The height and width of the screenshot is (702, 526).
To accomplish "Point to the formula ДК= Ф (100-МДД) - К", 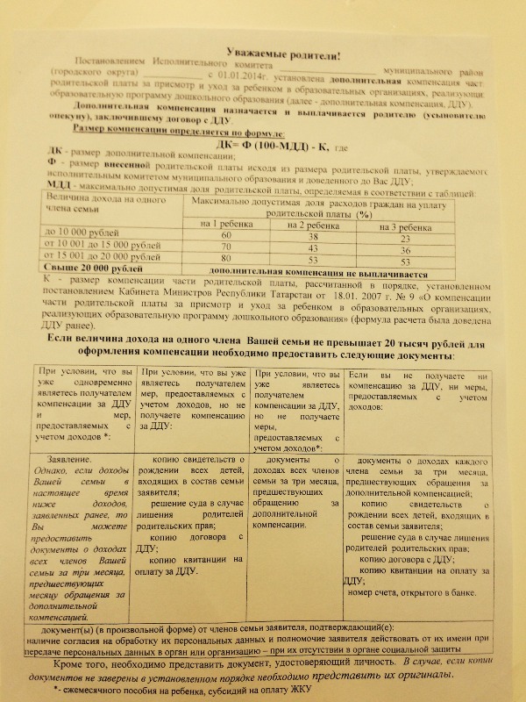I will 267,146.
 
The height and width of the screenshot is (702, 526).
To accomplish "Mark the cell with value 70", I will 226,248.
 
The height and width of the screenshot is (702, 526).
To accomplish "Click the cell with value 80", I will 226,260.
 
